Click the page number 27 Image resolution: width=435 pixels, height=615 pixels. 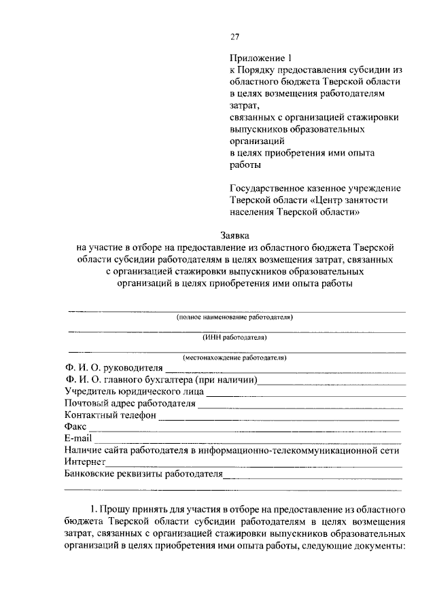[x=234, y=36]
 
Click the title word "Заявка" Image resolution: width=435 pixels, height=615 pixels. [x=234, y=235]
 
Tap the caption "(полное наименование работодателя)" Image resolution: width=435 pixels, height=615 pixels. [x=234, y=317]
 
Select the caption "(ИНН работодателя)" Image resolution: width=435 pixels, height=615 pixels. [x=234, y=337]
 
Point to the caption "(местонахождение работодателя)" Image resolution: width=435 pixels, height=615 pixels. [x=234, y=357]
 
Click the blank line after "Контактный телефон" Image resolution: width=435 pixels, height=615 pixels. [x=279, y=418]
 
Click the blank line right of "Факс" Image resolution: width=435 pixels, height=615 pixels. [x=245, y=429]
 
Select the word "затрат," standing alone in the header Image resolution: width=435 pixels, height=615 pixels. [x=245, y=105]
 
